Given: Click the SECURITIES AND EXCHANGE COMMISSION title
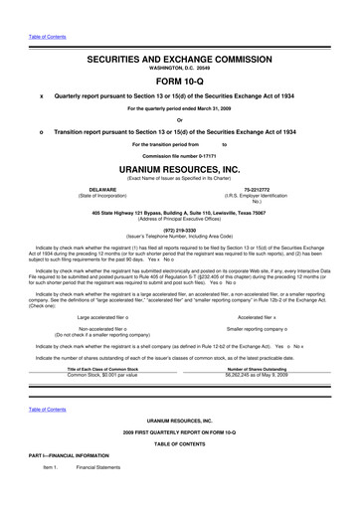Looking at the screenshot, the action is (179, 61).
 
